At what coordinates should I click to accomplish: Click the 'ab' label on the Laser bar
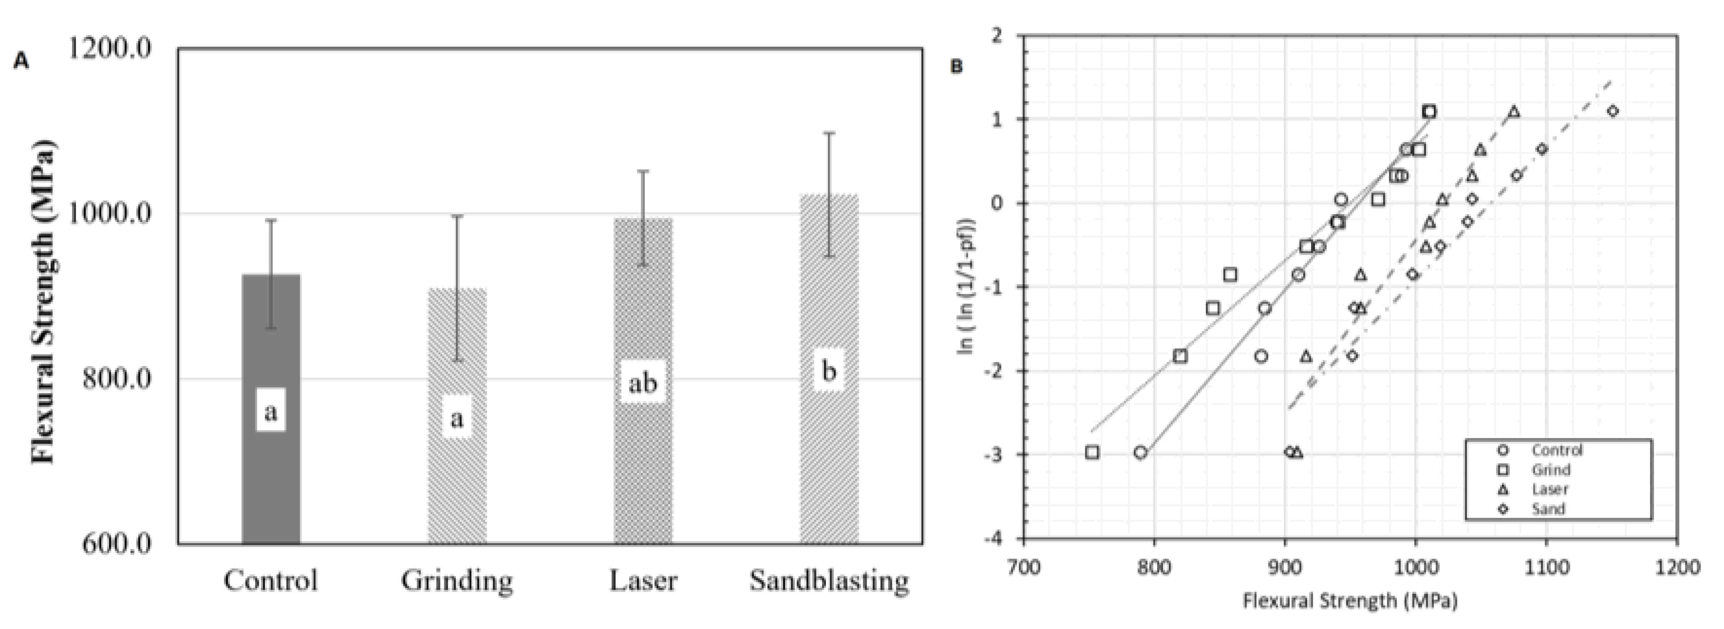click(x=643, y=384)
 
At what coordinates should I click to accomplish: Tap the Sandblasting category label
click(x=829, y=580)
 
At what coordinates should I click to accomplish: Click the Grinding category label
click(x=457, y=580)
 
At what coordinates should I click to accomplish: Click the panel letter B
click(x=957, y=67)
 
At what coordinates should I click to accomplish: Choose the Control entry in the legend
click(x=1557, y=451)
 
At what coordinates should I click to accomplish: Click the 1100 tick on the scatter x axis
click(x=1546, y=568)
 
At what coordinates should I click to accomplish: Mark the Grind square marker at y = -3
click(x=1092, y=452)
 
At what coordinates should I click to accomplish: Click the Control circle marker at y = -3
click(x=1141, y=452)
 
